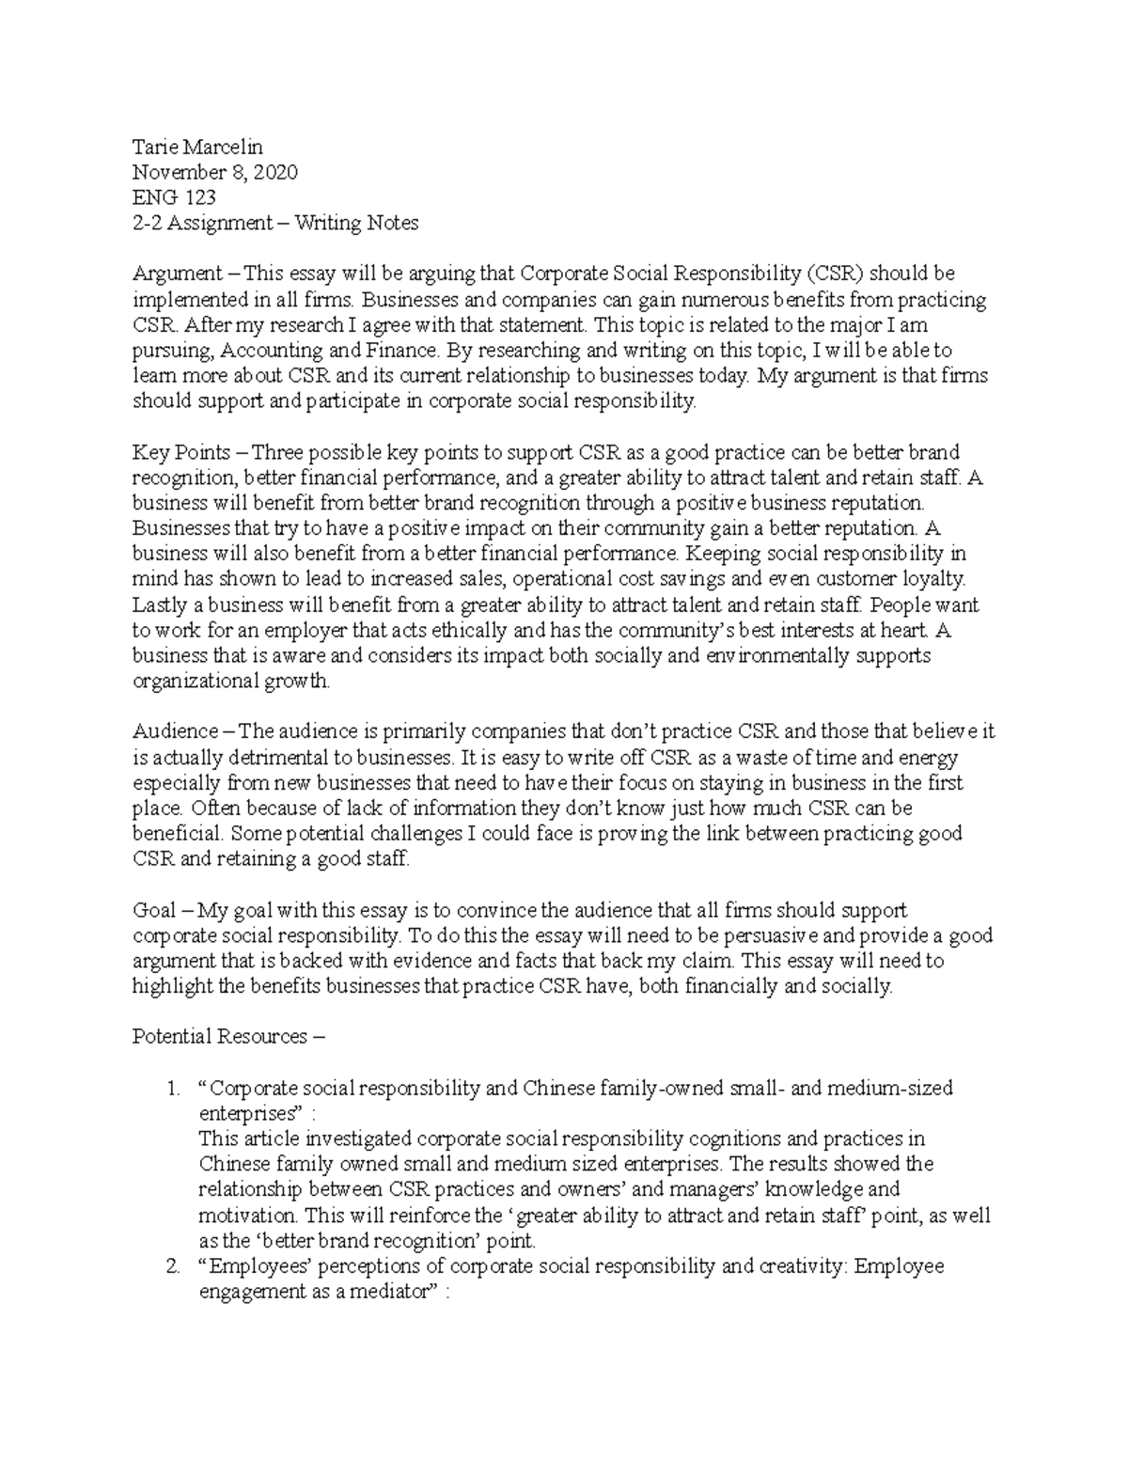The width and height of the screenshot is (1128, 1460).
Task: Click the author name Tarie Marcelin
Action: [x=197, y=147]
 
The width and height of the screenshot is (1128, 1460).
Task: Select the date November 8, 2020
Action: [x=214, y=172]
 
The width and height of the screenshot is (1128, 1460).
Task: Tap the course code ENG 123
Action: [x=174, y=197]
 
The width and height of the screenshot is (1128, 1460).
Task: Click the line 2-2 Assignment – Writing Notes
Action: [x=275, y=223]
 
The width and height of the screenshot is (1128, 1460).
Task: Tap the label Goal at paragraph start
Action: [x=154, y=910]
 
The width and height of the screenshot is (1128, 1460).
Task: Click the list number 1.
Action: [x=171, y=1089]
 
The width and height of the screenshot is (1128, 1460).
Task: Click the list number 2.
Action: [x=171, y=1266]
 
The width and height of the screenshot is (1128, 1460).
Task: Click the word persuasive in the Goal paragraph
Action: [x=709, y=936]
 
